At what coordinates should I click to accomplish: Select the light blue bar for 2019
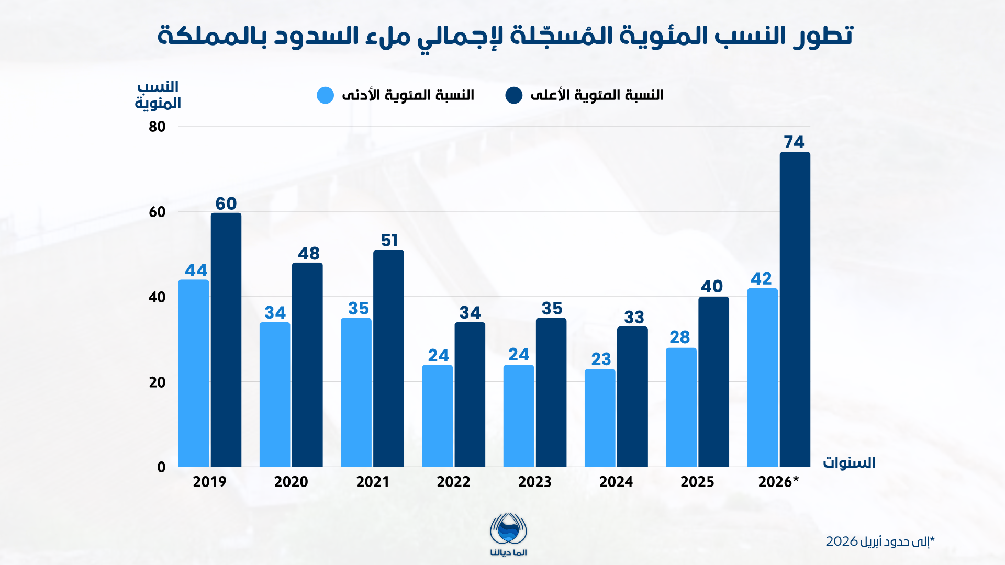click(194, 373)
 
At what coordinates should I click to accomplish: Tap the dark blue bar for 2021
click(388, 358)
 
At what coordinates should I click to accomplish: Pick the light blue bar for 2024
click(600, 418)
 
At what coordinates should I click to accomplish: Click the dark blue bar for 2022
click(470, 394)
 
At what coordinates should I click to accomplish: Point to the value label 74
click(794, 142)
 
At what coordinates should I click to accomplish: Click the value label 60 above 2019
click(226, 204)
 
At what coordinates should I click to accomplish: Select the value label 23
click(601, 359)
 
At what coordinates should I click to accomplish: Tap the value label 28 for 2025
click(680, 337)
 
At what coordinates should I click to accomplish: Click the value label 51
click(389, 241)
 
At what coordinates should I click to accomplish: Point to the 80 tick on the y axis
click(157, 127)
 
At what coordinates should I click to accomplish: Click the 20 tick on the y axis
click(157, 382)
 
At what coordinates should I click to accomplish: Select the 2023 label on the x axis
click(534, 482)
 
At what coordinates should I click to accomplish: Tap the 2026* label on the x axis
click(778, 482)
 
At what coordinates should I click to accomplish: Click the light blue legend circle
click(325, 95)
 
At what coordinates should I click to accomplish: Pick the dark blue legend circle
click(514, 95)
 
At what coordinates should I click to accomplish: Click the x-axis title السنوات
click(849, 463)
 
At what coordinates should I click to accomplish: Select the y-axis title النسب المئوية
click(158, 95)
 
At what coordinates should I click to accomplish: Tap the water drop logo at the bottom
click(508, 530)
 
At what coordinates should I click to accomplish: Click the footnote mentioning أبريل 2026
click(880, 541)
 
